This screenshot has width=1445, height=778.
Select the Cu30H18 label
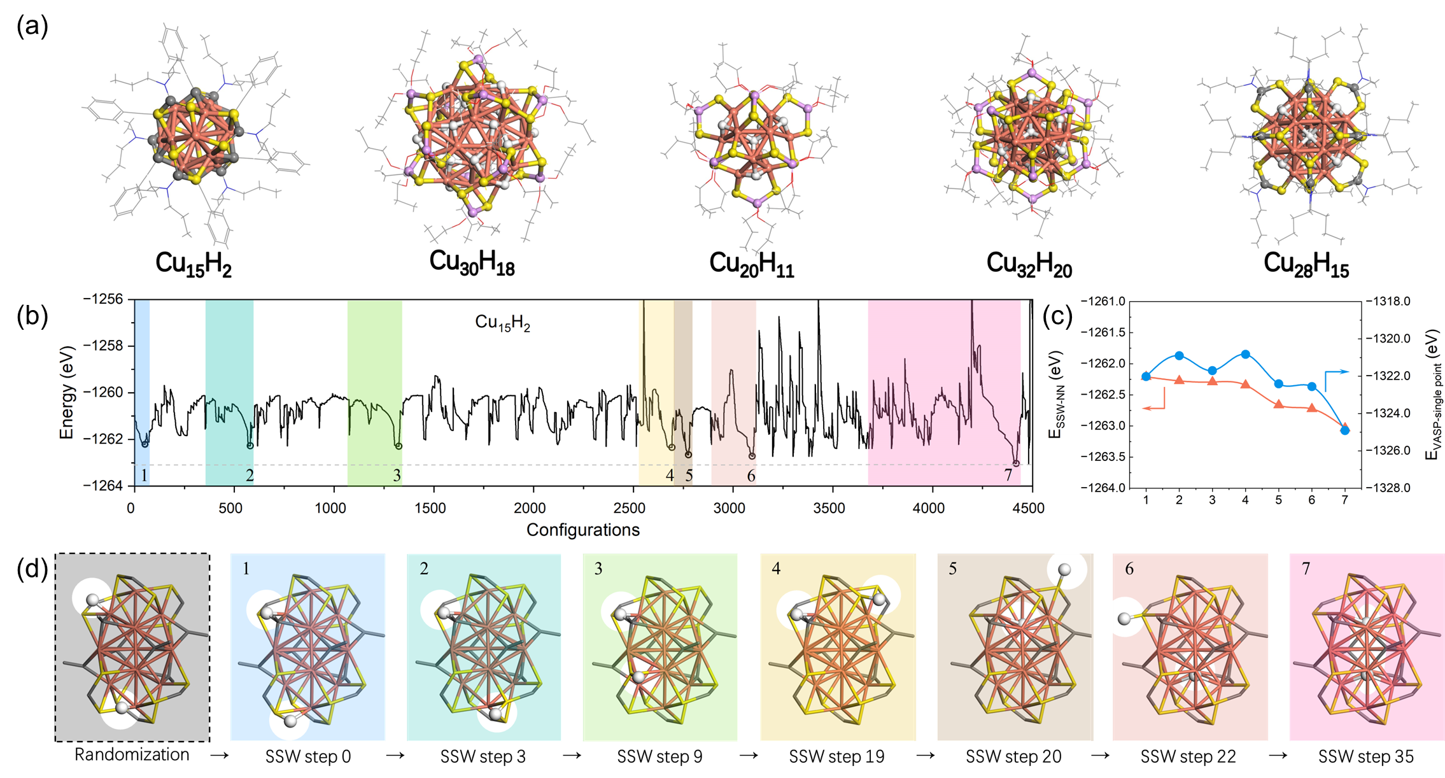[x=472, y=262]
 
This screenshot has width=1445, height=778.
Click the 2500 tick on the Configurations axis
[x=630, y=508]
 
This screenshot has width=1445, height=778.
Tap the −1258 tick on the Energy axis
[x=102, y=346]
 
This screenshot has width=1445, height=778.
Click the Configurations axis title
[x=582, y=530]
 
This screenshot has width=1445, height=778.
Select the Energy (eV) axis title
[x=67, y=392]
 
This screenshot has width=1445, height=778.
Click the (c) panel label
[x=1057, y=316]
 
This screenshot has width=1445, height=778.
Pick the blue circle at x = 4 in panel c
[x=1246, y=354]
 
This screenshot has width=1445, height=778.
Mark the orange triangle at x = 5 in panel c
[x=1278, y=404]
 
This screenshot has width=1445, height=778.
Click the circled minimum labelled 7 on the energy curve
[x=1016, y=463]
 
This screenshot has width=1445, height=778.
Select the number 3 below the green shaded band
[x=397, y=476]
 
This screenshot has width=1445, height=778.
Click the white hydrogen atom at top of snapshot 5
[x=1064, y=569]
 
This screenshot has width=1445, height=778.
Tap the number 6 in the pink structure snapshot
[x=1129, y=569]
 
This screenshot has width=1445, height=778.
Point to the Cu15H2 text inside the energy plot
[x=502, y=323]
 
